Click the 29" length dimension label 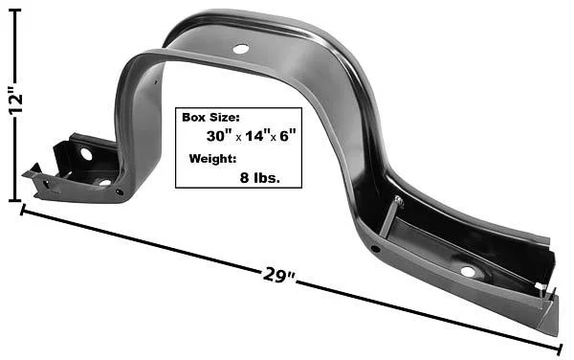[278, 276]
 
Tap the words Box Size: [210, 118]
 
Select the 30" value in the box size [217, 136]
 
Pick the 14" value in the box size [256, 136]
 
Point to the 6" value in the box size [287, 136]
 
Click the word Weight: [212, 159]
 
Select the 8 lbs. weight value [260, 178]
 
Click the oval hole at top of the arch [241, 49]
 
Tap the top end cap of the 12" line [14, 11]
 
